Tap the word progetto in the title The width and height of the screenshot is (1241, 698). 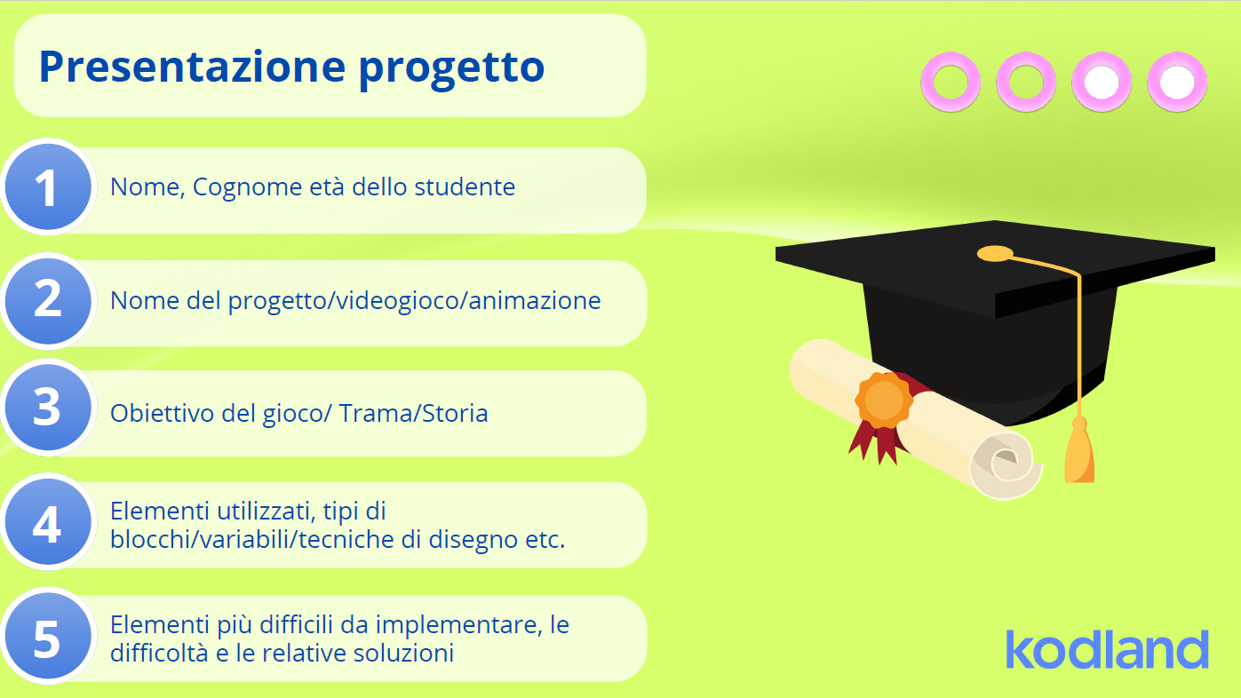click(x=451, y=70)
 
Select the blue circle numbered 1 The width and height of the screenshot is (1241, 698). click(x=48, y=187)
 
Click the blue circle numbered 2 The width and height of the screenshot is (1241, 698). click(x=48, y=301)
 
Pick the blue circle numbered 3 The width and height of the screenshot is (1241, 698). click(x=48, y=407)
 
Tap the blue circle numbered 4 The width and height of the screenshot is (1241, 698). click(x=48, y=522)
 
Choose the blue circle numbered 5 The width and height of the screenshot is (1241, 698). click(x=48, y=636)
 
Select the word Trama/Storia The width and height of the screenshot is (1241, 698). click(x=413, y=413)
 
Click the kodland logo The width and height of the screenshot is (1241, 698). click(x=1107, y=648)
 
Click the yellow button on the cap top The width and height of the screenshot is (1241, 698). click(x=995, y=254)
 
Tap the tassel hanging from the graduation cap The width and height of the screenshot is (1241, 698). click(x=1078, y=451)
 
